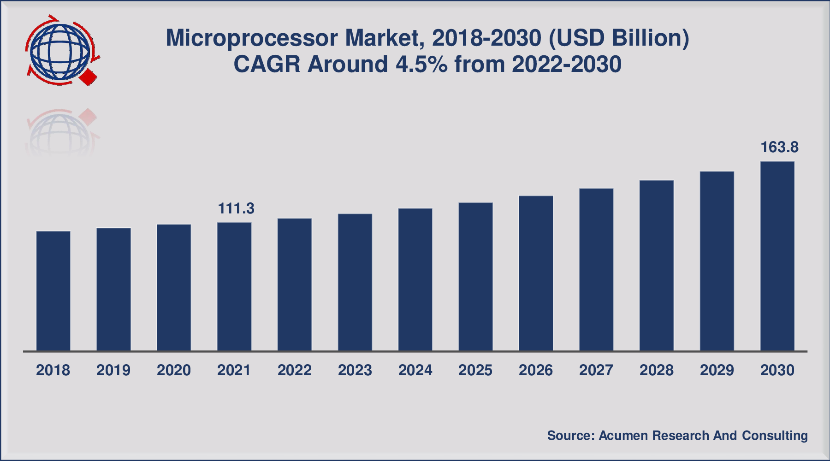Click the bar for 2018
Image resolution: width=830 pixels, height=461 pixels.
pyautogui.click(x=53, y=291)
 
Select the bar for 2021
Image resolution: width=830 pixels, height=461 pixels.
pyautogui.click(x=234, y=287)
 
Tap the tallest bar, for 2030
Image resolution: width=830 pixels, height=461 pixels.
pyautogui.click(x=777, y=256)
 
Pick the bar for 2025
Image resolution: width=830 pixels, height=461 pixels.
pyautogui.click(x=475, y=277)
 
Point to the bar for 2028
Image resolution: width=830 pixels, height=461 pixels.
pyautogui.click(x=657, y=266)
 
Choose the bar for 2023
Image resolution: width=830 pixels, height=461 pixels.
pyautogui.click(x=355, y=282)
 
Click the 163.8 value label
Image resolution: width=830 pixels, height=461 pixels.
pyautogui.click(x=779, y=148)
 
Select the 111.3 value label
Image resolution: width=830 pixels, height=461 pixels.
pyautogui.click(x=236, y=209)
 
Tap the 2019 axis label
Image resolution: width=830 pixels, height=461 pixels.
pyautogui.click(x=113, y=370)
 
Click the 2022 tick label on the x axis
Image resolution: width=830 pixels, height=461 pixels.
pyautogui.click(x=295, y=370)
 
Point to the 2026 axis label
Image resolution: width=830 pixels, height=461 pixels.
pyautogui.click(x=536, y=370)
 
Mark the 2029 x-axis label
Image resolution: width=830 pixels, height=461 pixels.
pyautogui.click(x=717, y=370)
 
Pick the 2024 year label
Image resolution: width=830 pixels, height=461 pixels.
pyautogui.click(x=415, y=370)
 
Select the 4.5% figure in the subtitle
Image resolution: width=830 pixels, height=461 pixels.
pyautogui.click(x=421, y=65)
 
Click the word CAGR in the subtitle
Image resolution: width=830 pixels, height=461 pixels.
pyautogui.click(x=267, y=65)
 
